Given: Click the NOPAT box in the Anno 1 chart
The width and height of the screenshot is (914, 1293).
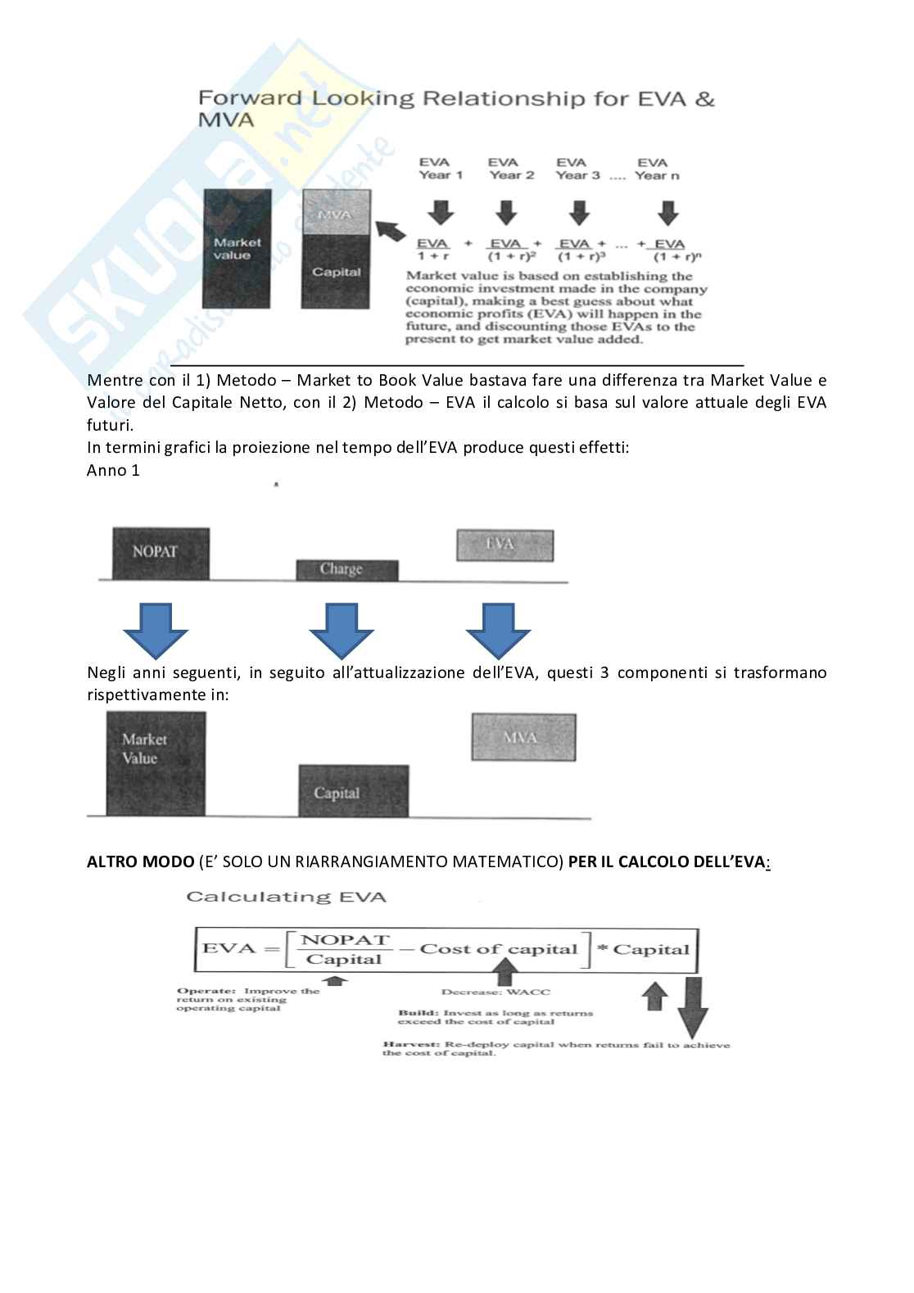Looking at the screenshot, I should (x=155, y=553).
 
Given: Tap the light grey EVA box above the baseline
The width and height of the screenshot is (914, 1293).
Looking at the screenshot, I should (x=505, y=545).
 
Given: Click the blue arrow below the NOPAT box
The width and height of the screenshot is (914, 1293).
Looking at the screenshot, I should (x=155, y=631).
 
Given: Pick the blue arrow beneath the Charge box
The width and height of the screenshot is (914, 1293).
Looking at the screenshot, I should (x=342, y=631).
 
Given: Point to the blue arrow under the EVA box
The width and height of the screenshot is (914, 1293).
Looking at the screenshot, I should (x=499, y=631).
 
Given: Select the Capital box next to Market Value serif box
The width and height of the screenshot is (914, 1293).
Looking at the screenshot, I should (x=353, y=791).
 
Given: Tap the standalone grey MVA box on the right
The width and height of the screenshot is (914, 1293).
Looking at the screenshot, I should (x=523, y=738).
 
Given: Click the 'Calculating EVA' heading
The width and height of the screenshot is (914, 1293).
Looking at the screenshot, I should (x=286, y=897).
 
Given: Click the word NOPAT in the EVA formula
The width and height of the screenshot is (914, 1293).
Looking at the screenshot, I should (x=345, y=940).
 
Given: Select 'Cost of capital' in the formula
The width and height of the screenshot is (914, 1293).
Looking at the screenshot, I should (x=499, y=950).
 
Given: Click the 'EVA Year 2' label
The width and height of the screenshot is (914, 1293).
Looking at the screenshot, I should (x=510, y=169).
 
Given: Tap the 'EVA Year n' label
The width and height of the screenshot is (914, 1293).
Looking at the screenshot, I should (x=656, y=169).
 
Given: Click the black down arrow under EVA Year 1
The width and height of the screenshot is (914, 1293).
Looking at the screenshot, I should (x=441, y=211).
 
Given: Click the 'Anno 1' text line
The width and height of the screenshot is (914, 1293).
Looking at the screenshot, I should (x=113, y=470).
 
